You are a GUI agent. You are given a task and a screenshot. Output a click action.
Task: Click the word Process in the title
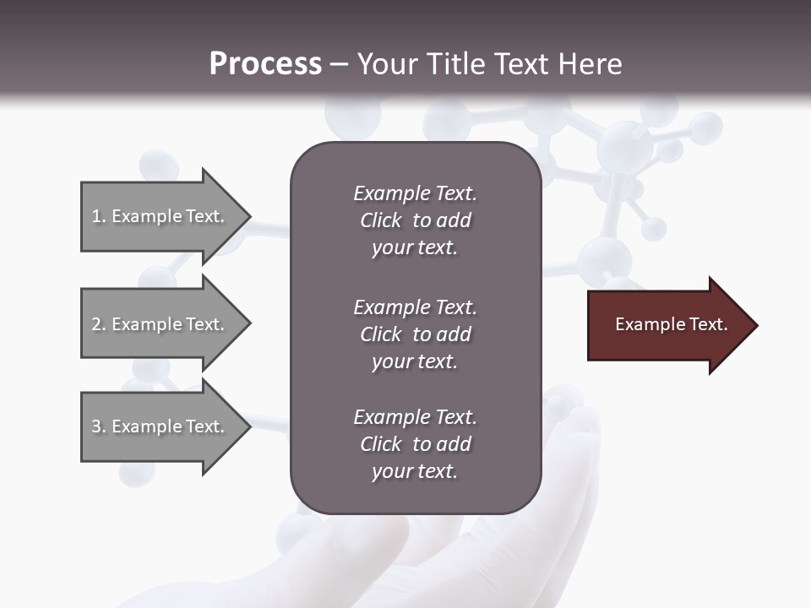265,64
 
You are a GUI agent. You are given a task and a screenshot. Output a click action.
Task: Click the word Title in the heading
457,64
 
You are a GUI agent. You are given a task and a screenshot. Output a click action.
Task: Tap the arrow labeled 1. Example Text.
161,216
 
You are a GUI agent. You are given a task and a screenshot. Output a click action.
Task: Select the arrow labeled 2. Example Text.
161,324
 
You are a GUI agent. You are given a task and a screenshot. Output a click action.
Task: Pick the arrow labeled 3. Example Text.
161,426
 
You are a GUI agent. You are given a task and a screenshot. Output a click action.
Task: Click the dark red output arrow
667,325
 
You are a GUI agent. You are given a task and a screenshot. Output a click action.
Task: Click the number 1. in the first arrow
99,216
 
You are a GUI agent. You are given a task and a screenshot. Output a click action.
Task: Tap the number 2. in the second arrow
99,324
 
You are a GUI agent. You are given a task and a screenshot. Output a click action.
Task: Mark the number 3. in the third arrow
99,426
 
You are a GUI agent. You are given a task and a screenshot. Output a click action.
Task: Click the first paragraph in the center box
415,220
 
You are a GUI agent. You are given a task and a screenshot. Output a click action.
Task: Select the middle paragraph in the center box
415,334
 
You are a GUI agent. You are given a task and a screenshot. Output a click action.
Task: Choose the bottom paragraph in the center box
415,444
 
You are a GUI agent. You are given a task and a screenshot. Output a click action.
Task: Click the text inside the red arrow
671,324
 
